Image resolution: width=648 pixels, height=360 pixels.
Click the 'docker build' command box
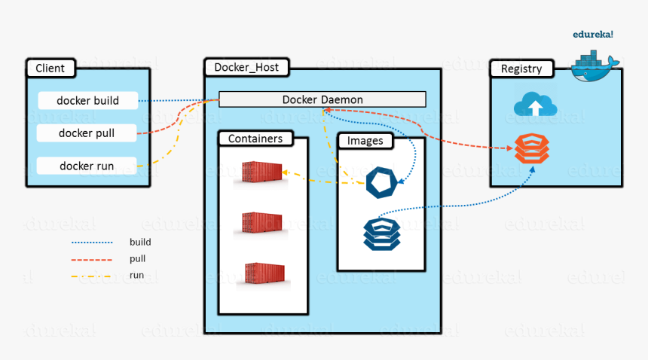[88, 100]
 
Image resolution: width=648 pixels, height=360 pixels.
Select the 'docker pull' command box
[87, 133]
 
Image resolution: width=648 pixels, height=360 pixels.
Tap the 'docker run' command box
[87, 166]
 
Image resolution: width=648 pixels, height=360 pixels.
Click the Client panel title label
[50, 69]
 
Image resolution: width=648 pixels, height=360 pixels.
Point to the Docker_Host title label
[246, 68]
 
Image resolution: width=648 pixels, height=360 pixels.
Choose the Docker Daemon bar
[322, 99]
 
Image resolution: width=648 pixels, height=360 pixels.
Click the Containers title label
[255, 139]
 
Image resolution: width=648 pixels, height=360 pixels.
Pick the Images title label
[365, 141]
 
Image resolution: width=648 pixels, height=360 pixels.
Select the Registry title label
[521, 69]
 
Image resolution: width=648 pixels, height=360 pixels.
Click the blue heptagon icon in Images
[381, 183]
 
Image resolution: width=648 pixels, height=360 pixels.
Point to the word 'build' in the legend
[140, 243]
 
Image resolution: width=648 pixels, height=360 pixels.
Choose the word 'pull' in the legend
[138, 259]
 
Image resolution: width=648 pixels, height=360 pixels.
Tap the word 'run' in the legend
[136, 276]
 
